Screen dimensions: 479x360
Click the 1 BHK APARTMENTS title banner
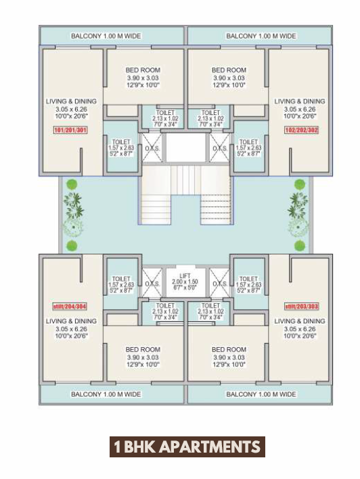pos(186,447)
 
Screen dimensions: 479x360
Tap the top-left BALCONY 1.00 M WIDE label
pos(106,36)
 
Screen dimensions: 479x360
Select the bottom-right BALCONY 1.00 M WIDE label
pos(261,394)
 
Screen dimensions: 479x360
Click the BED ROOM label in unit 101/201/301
pos(143,70)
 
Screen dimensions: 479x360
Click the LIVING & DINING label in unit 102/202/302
pos(299,101)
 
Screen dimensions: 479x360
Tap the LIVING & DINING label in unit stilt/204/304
pos(71,321)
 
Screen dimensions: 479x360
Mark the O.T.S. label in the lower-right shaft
pos(219,284)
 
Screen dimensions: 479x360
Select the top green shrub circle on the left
pos(72,184)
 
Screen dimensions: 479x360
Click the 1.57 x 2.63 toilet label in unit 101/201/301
pos(121,148)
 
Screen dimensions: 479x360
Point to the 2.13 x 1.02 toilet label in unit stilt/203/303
pos(210,311)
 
